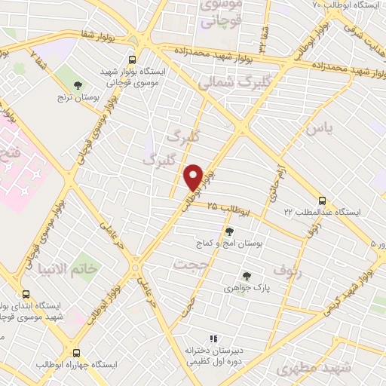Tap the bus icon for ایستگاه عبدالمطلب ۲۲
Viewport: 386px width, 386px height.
pos(323,201)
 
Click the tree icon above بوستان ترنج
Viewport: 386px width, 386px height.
pos(78,84)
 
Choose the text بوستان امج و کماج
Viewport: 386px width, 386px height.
pos(227,244)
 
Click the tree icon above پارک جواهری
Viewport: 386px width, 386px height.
pos(247,275)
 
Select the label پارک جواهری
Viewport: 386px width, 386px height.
pos(247,287)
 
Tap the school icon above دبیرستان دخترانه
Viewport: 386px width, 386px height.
pos(213,339)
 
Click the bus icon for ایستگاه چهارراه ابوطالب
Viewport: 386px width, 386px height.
pos(75,352)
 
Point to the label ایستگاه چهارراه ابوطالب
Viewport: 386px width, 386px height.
pos(78,365)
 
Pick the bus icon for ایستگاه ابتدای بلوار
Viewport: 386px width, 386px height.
pos(26,294)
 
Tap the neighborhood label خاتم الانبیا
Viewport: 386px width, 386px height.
pos(69,269)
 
